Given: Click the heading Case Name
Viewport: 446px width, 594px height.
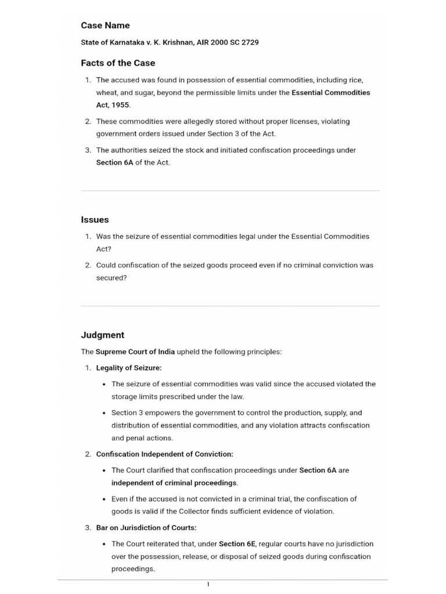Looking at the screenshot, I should click(105, 26).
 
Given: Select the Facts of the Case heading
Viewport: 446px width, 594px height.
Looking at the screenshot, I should click(118, 63).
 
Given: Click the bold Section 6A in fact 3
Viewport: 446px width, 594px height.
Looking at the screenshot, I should click(114, 162).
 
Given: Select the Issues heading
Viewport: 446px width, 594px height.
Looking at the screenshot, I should click(95, 220).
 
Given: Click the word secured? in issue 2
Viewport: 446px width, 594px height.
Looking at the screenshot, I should click(111, 278).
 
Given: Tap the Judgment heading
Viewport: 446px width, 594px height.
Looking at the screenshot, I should click(102, 335).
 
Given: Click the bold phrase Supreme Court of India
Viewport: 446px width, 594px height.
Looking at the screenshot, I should click(135, 352).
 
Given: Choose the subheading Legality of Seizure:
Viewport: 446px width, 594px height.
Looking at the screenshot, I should click(129, 368).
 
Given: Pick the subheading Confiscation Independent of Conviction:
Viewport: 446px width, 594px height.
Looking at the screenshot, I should click(164, 454).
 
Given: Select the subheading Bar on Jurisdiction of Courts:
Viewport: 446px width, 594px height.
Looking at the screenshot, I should click(146, 527).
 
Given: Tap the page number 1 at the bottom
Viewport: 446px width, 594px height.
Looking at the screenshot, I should click(208, 584).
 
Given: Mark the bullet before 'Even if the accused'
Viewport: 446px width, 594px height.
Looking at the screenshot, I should click(103, 499).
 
